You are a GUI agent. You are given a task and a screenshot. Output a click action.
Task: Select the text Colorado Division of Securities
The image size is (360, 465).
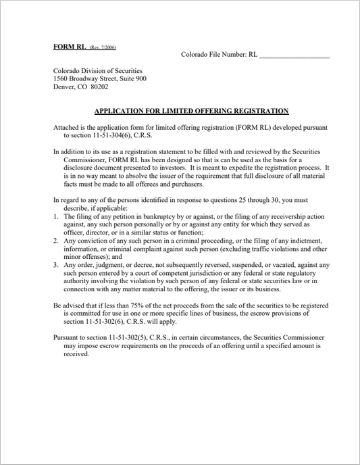coord(97,70)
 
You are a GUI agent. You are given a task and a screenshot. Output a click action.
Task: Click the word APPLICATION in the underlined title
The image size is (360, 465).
coord(123,110)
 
